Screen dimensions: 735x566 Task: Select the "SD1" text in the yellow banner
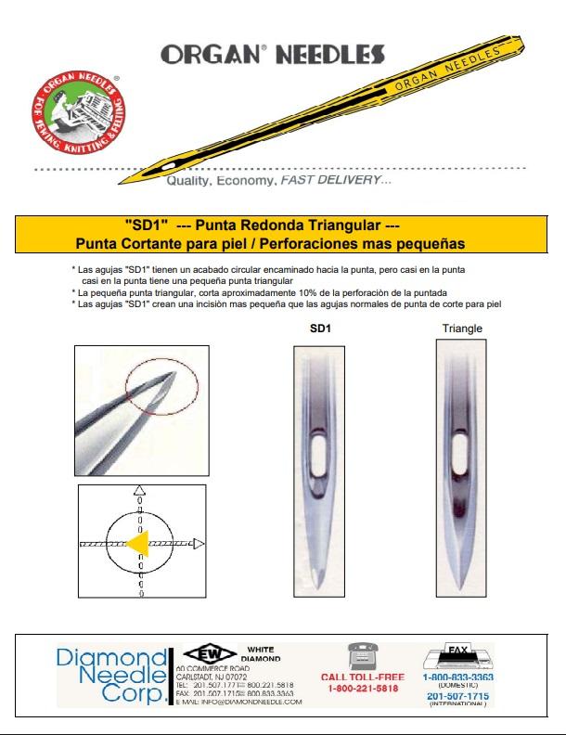(x=144, y=226)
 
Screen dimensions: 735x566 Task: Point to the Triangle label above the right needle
(x=462, y=329)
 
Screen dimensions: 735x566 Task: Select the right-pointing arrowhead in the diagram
(x=200, y=543)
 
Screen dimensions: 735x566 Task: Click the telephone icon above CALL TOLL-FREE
(x=354, y=654)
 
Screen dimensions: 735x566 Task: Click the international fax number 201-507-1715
(x=458, y=695)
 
